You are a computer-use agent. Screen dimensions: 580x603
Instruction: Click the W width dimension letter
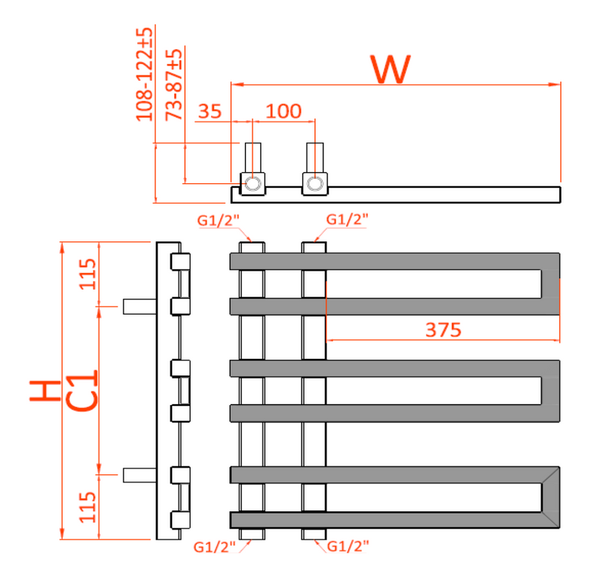coord(391,69)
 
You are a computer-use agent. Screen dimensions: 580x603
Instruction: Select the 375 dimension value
coord(442,330)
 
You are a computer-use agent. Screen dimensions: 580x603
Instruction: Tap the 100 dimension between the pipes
coord(283,112)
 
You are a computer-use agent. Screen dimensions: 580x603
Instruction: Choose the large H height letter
coord(44,391)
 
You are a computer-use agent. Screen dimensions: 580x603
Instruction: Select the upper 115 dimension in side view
coord(87,274)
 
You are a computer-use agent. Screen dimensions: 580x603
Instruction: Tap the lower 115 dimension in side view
coord(87,508)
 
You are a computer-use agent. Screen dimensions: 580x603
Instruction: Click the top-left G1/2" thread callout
coord(218,220)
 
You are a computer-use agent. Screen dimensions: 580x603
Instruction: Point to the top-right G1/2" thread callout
coord(347,219)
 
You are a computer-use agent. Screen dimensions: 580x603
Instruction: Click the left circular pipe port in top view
coord(253,183)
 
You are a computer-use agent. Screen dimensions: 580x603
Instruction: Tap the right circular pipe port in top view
coord(315,183)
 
